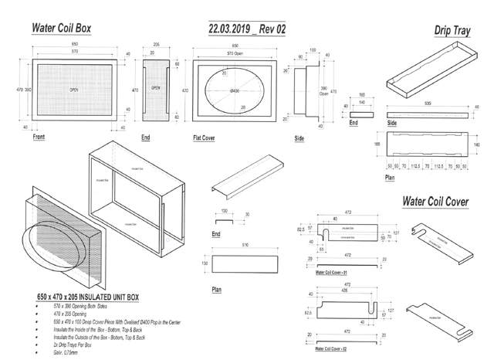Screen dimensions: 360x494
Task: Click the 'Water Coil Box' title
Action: (61, 28)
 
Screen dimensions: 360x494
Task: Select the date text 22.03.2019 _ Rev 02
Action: (247, 29)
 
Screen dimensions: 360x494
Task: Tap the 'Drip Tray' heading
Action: (454, 30)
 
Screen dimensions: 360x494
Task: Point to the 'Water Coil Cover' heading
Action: (435, 201)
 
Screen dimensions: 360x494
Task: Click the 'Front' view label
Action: (39, 136)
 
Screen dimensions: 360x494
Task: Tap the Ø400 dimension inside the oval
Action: (236, 91)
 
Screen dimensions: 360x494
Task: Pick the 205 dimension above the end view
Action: (156, 45)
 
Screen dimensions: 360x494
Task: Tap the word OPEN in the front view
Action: (74, 90)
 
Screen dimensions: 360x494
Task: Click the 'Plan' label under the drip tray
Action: (391, 177)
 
